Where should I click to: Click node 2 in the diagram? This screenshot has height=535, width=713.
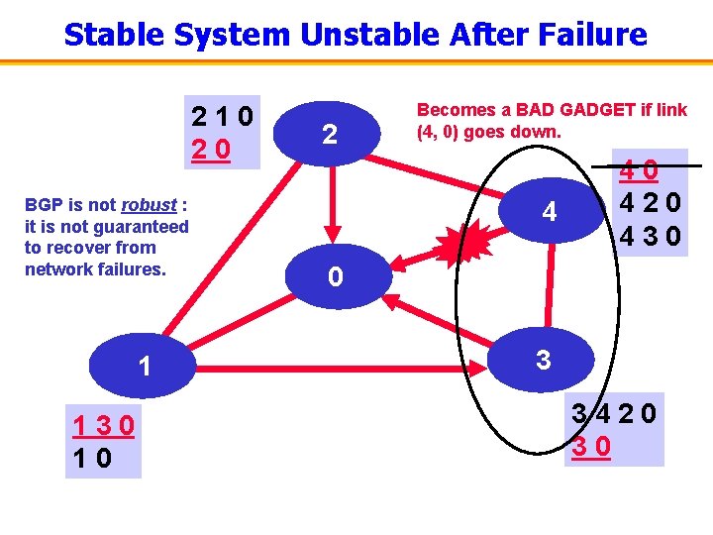coord(331,135)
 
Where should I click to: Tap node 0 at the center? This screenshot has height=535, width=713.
coord(335,276)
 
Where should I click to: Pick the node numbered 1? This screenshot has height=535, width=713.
coord(145,368)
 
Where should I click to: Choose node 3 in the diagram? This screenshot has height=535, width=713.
coord(543,359)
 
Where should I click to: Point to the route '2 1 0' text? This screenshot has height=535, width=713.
coord(224,117)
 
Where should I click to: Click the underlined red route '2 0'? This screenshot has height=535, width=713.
coord(212,150)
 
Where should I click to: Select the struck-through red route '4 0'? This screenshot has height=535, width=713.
coord(639,171)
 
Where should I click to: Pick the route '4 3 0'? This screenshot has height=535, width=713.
coord(648,238)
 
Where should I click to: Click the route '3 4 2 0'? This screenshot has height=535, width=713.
coord(614,413)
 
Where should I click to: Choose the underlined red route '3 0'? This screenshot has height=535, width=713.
coord(592,446)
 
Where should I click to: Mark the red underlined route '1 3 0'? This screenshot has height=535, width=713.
coord(103,427)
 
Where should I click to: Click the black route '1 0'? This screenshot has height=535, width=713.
coord(92,459)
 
